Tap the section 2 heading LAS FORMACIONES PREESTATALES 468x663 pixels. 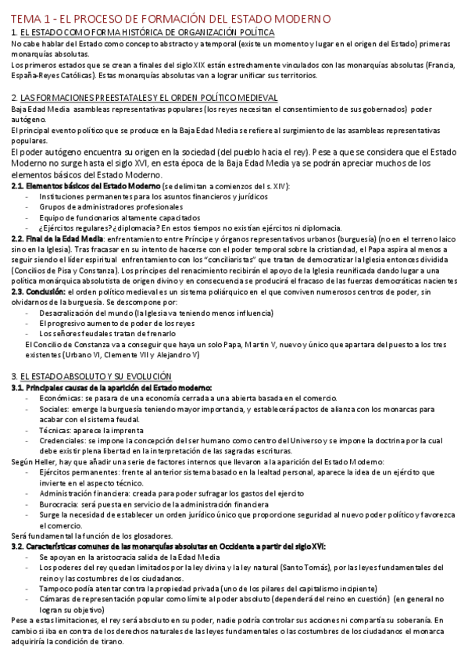(x=148, y=97)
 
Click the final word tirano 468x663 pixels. (x=109, y=642)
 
